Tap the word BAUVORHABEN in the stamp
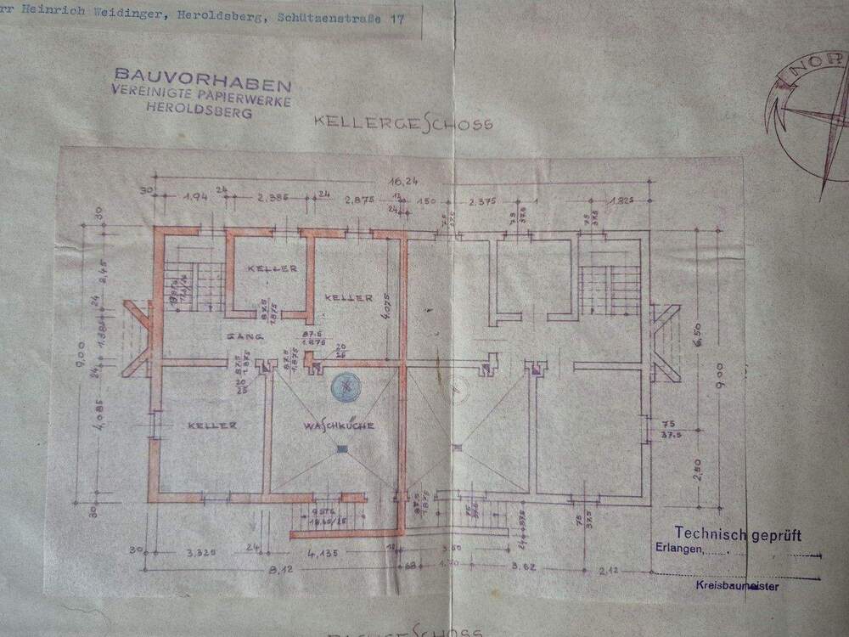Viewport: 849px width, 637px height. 203,83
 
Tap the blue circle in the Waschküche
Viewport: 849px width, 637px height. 346,386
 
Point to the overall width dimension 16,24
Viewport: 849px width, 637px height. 402,181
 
